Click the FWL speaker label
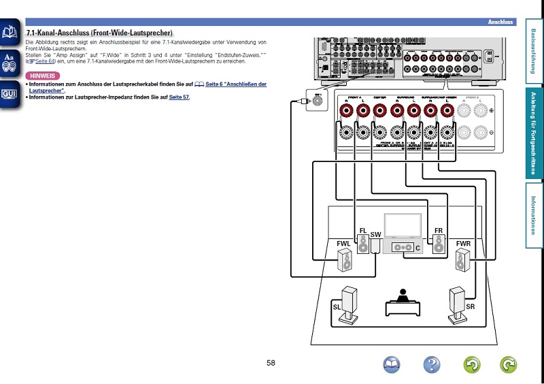pyautogui.click(x=343, y=244)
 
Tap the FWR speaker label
pyautogui.click(x=464, y=244)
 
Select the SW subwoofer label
pyautogui.click(x=375, y=235)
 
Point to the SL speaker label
pyautogui.click(x=337, y=308)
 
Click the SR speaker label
pyautogui.click(x=470, y=308)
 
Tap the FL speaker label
pyautogui.click(x=363, y=231)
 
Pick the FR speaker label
pyautogui.click(x=439, y=231)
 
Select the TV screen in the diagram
pyautogui.click(x=403, y=226)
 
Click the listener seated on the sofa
pyautogui.click(x=403, y=295)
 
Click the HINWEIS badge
pyautogui.click(x=42, y=75)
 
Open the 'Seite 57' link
pyautogui.click(x=179, y=97)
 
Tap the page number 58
pyautogui.click(x=271, y=363)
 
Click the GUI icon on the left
pyautogui.click(x=10, y=93)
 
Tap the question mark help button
pyautogui.click(x=431, y=365)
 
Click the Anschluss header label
pyautogui.click(x=499, y=22)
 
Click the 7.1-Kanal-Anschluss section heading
pyautogui.click(x=99, y=33)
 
